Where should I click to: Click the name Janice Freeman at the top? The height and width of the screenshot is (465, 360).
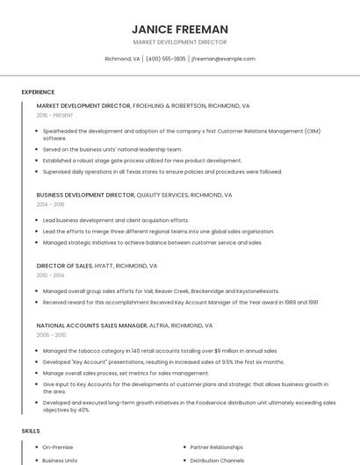(x=179, y=29)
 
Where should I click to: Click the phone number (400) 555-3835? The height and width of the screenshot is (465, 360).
(x=166, y=59)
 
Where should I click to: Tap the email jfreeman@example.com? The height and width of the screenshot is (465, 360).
(x=223, y=59)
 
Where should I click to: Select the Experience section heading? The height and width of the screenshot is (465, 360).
(x=38, y=92)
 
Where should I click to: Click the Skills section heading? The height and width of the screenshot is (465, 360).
(x=31, y=431)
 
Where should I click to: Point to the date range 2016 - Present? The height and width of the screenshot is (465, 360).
(x=55, y=115)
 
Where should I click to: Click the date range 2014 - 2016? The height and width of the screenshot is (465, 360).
(x=50, y=204)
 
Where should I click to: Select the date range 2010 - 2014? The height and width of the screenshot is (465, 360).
(x=50, y=275)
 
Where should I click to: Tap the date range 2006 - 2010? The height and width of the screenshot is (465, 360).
(x=51, y=334)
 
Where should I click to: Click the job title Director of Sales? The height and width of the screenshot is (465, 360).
(x=64, y=265)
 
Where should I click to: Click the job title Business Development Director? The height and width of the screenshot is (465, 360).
(x=85, y=195)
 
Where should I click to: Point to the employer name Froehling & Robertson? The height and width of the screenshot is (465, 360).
(x=169, y=105)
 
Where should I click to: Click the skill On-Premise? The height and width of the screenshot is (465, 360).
(x=59, y=447)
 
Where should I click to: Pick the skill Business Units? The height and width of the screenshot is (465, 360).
(x=60, y=461)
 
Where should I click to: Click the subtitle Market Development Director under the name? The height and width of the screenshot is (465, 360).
(x=179, y=42)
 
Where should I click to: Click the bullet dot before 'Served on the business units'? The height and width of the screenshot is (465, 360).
(x=37, y=150)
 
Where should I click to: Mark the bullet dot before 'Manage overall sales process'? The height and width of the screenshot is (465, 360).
(x=37, y=373)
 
